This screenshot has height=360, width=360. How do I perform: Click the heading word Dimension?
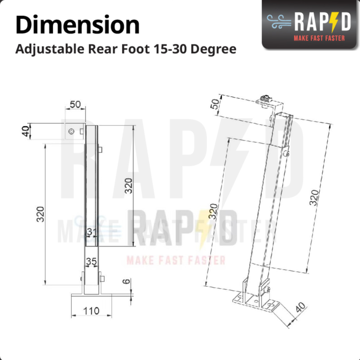point(78,24)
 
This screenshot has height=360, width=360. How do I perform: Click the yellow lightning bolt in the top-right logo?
point(335,22)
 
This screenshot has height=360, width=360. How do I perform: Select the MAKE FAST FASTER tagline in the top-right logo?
point(319,38)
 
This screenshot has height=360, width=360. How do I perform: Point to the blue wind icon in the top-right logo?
point(279,22)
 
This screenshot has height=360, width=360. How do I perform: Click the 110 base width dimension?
point(91,311)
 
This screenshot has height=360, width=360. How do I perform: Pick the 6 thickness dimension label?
point(126,281)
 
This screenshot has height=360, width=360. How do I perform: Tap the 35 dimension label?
point(91,261)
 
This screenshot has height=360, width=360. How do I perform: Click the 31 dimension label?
point(92,232)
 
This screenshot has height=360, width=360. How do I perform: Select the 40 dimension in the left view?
point(26,131)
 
